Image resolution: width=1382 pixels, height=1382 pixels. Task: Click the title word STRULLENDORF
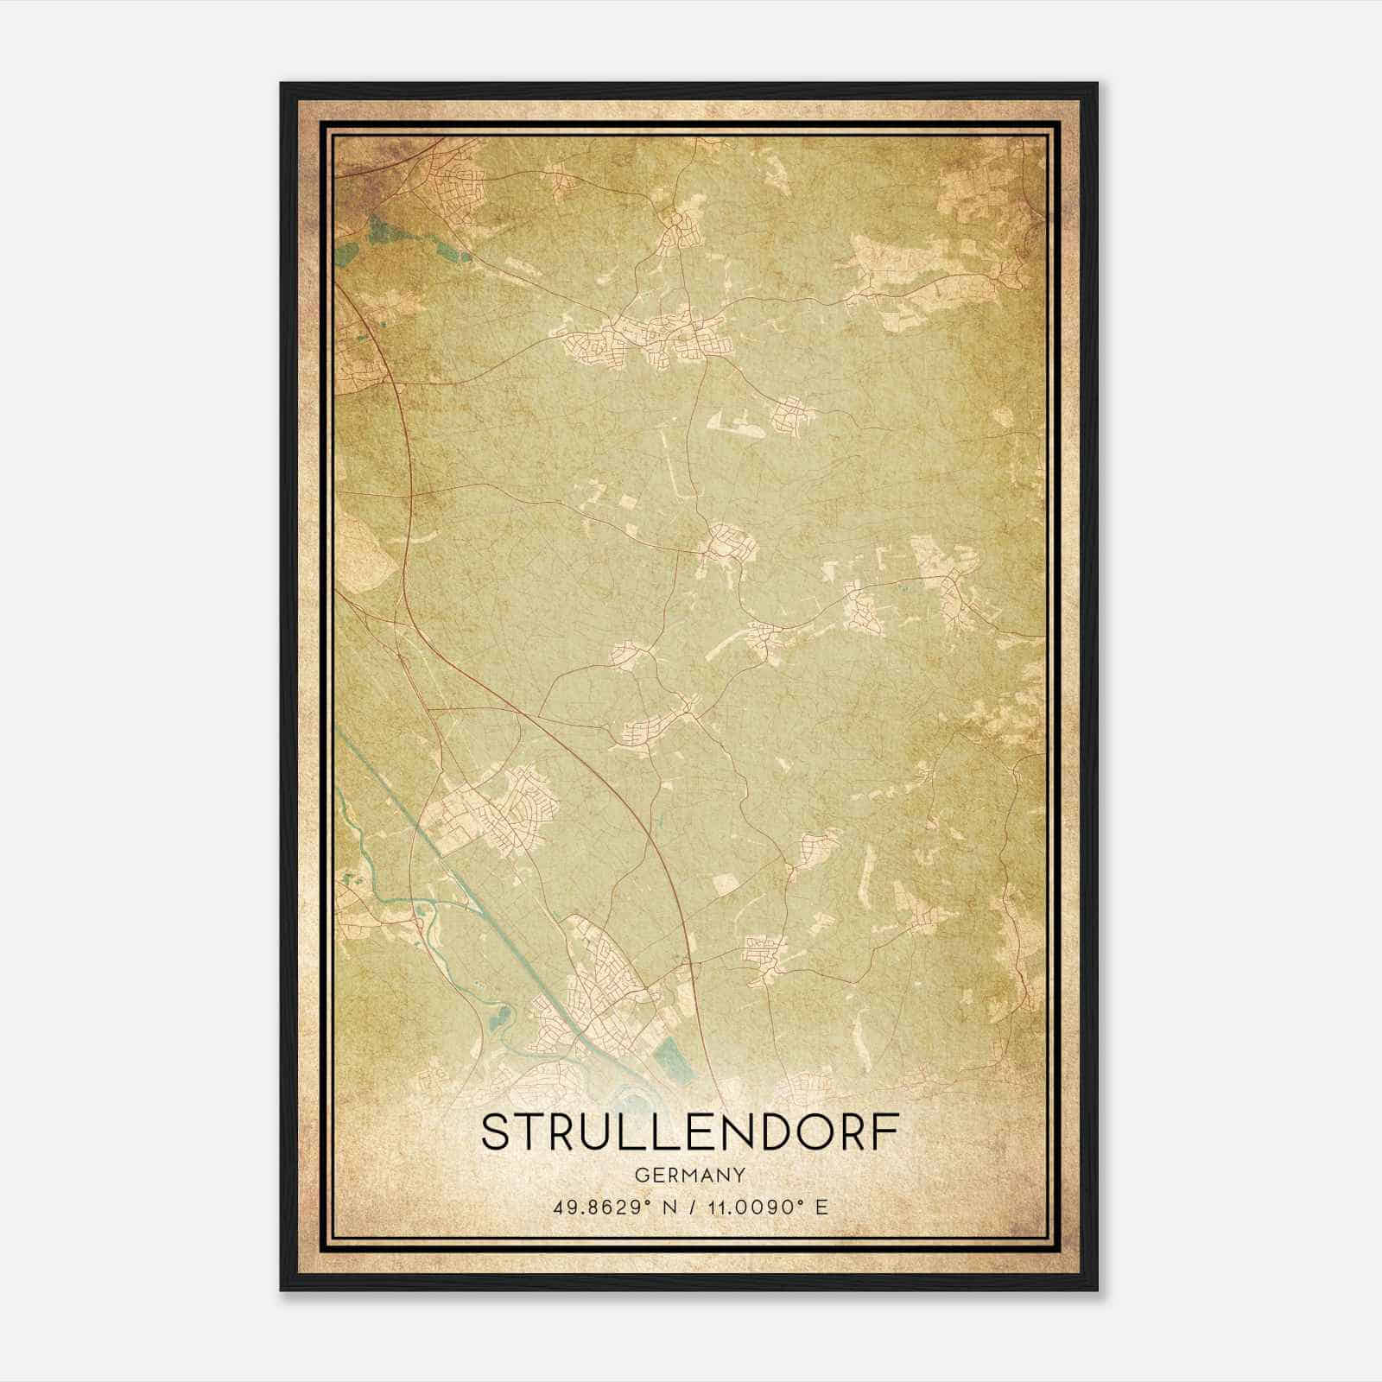click(x=690, y=1132)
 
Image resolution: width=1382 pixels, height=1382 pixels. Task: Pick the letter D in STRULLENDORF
click(x=783, y=1132)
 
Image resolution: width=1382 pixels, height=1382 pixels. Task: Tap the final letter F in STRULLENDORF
click(x=888, y=1132)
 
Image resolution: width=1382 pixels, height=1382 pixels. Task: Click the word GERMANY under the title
click(x=690, y=1175)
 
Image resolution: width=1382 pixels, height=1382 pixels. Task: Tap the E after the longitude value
click(x=822, y=1207)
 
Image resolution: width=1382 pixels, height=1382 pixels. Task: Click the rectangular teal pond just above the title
click(x=675, y=1059)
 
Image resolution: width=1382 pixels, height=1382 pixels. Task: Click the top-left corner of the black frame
click(x=282, y=85)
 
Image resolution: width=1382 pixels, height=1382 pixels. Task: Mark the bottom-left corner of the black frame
click(x=282, y=1289)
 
